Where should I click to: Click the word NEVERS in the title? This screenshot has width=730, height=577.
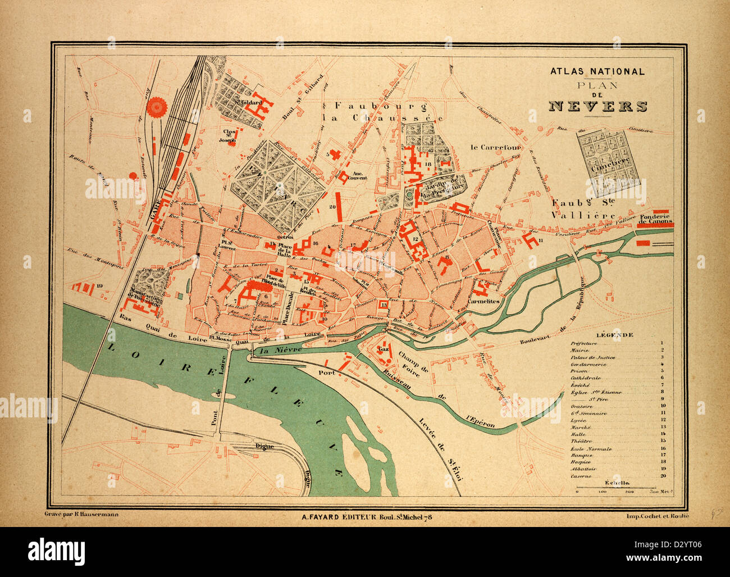(x=597, y=106)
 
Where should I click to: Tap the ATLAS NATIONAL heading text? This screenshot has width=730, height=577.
(x=597, y=72)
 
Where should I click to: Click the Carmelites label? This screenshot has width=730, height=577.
(x=483, y=301)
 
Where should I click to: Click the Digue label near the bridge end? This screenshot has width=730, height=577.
(x=264, y=446)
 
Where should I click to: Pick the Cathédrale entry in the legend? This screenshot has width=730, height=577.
(x=584, y=378)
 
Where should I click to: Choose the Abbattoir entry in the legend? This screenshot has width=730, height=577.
(x=583, y=469)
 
